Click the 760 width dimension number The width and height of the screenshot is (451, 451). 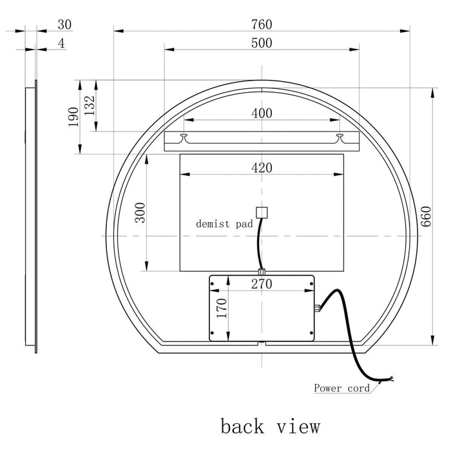coord(262,24)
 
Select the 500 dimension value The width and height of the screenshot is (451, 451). coord(262,43)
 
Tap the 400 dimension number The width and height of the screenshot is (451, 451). coord(262,113)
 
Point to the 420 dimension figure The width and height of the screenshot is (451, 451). coord(262,168)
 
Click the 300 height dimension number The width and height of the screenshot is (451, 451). coord(140,213)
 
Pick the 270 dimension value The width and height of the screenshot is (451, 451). coord(262,284)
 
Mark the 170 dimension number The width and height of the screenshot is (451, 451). coord(222,309)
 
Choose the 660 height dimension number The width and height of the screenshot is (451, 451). coord(427,216)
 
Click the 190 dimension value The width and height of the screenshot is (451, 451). coord(73,117)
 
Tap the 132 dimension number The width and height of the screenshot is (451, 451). coord(90,106)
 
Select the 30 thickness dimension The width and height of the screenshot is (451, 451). coord(64,24)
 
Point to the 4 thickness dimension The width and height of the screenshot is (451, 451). coord(61,43)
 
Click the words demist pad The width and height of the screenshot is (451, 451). coord(224,224)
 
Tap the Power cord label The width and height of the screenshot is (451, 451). coord(341,388)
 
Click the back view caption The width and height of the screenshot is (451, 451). coord(270,426)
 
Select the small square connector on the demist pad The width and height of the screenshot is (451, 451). coord(262,213)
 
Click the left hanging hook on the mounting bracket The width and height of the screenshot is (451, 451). coord(184,137)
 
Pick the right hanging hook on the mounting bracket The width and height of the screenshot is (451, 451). coord(340,137)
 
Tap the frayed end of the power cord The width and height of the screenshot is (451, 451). coord(389,379)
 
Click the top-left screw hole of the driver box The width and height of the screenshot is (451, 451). coord(212,284)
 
